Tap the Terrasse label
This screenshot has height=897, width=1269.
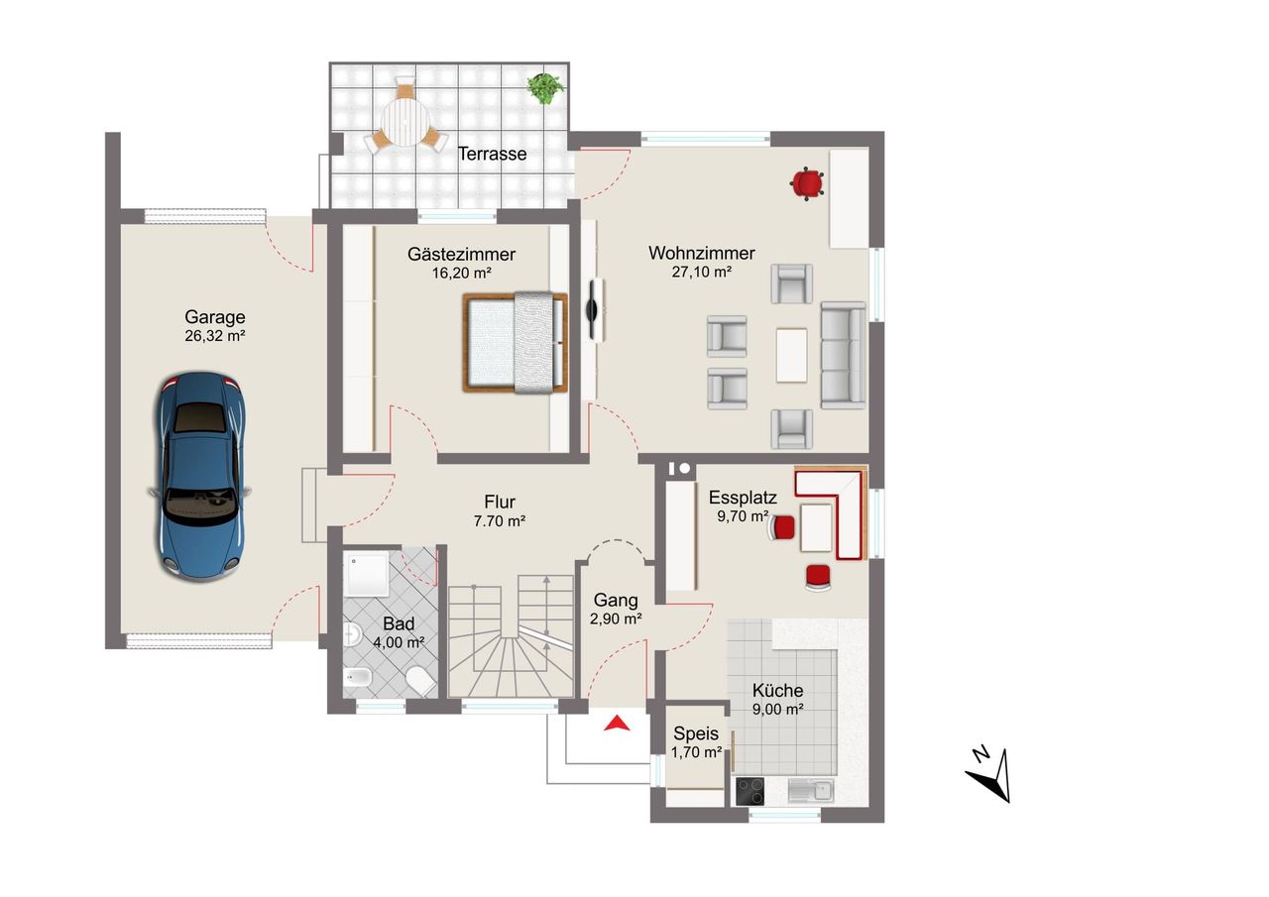[492, 154]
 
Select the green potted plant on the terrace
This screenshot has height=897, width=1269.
[545, 88]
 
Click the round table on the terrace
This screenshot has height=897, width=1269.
[404, 122]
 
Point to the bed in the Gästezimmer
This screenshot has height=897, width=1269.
[515, 343]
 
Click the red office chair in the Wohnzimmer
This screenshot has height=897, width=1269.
[807, 183]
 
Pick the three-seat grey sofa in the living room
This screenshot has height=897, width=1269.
[843, 355]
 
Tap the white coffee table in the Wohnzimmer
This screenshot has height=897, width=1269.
[791, 355]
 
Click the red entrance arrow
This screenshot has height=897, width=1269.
[617, 724]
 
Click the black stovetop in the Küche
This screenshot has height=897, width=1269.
[750, 791]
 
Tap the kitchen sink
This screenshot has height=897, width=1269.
[811, 791]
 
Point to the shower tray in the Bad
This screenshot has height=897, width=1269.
[368, 574]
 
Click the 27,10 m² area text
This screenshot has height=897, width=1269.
[701, 272]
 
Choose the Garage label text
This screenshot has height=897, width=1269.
[215, 316]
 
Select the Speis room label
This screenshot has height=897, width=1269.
[696, 733]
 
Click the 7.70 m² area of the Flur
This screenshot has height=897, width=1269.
[500, 520]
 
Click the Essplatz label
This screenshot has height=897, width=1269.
[743, 498]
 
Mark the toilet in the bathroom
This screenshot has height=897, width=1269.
[421, 680]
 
